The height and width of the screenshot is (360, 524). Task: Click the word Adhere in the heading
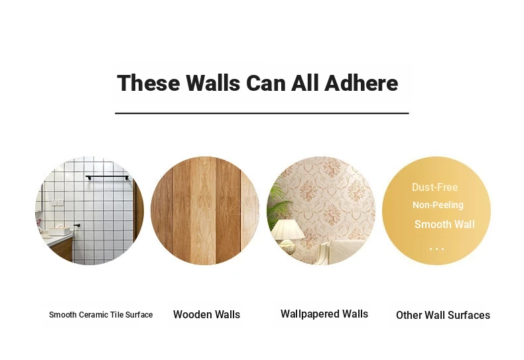pyautogui.click(x=361, y=83)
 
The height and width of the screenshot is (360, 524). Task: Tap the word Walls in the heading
pyautogui.click(x=213, y=83)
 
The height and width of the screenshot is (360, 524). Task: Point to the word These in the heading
pyautogui.click(x=149, y=83)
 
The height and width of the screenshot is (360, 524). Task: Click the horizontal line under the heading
pyautogui.click(x=262, y=113)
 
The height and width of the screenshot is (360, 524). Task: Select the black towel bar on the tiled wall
pyautogui.click(x=107, y=177)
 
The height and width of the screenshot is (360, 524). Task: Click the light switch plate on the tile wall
pyautogui.click(x=57, y=202)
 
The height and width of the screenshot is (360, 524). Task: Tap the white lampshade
pyautogui.click(x=288, y=229)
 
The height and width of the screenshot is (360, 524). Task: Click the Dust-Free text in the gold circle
pyautogui.click(x=434, y=187)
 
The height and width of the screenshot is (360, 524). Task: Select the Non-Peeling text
pyautogui.click(x=438, y=205)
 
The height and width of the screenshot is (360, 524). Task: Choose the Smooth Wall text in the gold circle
pyautogui.click(x=444, y=224)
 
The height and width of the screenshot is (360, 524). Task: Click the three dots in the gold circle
pyautogui.click(x=437, y=249)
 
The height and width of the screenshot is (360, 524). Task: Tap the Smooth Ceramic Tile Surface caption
pyautogui.click(x=101, y=314)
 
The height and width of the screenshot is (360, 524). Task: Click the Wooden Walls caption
pyautogui.click(x=206, y=314)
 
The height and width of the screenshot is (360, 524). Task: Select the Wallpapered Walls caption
pyautogui.click(x=324, y=314)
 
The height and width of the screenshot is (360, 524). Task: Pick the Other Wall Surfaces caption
pyautogui.click(x=443, y=315)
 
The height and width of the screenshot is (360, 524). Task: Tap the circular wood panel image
pyautogui.click(x=205, y=211)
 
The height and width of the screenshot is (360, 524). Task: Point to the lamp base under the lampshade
pyautogui.click(x=287, y=247)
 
